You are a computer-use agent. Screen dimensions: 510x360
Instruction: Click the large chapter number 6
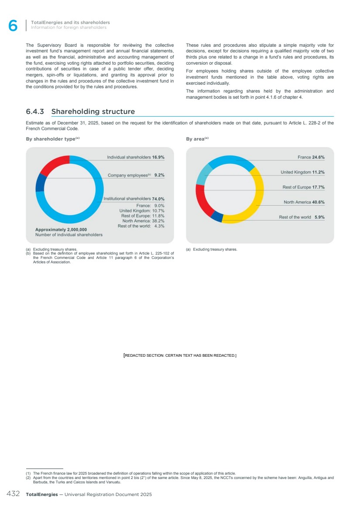tap(13, 26)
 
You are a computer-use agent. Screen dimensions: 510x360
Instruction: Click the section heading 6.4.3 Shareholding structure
tap(80, 112)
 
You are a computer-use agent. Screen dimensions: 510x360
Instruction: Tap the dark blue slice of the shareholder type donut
tap(41, 183)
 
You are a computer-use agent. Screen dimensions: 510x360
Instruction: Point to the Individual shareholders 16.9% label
tap(136, 157)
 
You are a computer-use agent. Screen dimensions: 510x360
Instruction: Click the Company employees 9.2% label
tap(136, 175)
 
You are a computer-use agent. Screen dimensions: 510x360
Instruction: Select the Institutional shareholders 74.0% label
tap(134, 199)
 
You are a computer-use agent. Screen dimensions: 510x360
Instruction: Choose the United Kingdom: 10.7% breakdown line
tap(142, 210)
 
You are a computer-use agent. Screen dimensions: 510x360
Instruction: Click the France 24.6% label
tap(311, 157)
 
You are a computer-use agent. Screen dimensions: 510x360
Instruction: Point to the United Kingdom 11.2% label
tap(302, 172)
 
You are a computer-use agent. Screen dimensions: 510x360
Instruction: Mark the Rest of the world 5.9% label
tap(302, 217)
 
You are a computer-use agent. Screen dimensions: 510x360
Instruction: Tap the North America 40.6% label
tap(304, 202)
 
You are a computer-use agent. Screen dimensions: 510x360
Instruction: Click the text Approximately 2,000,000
tap(61, 229)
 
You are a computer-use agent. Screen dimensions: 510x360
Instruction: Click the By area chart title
tap(197, 139)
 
